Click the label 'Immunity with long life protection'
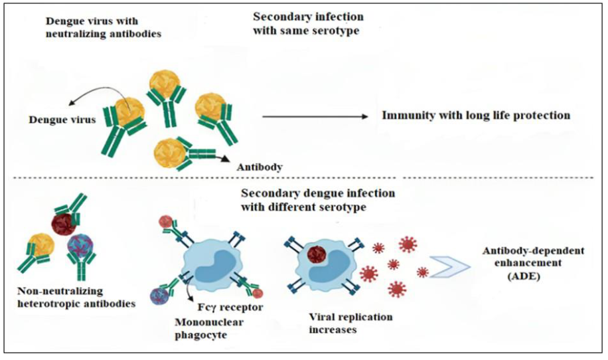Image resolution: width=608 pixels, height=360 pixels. point(475,116)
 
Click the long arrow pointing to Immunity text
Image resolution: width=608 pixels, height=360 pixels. point(315,116)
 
